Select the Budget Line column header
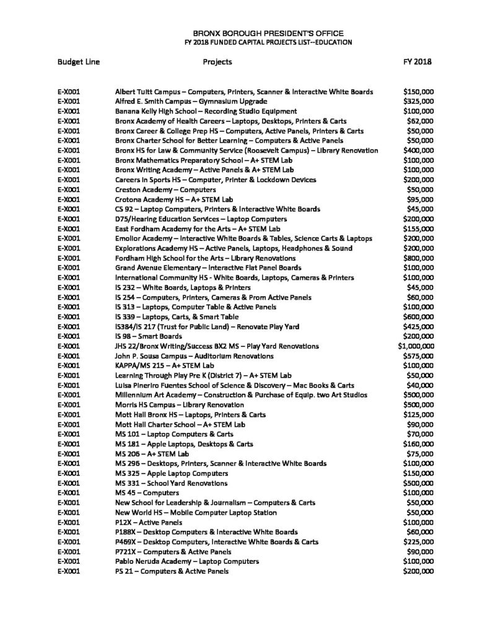pyautogui.click(x=79, y=62)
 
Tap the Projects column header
pyautogui.click(x=217, y=62)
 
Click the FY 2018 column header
pyautogui.click(x=418, y=62)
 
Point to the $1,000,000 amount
pyautogui.click(x=416, y=346)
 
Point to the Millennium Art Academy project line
pyautogui.click(x=242, y=395)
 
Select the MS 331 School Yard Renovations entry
pyautogui.click(x=172, y=483)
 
